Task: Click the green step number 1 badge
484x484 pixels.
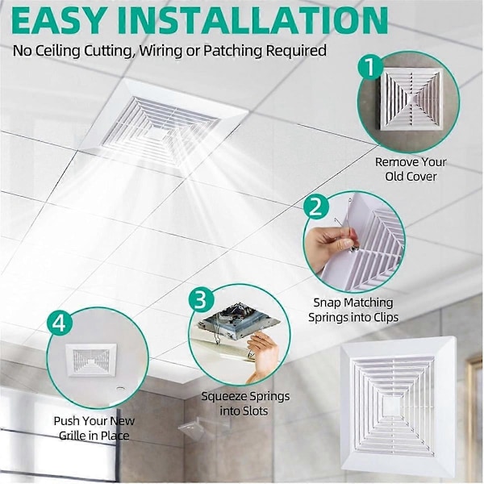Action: tap(369, 67)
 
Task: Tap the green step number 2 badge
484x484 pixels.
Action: tap(315, 207)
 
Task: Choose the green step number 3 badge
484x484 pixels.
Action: tap(201, 299)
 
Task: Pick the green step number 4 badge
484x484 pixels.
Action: tap(60, 323)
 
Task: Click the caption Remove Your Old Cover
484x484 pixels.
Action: tap(411, 169)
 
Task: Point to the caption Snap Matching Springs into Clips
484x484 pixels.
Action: tap(353, 310)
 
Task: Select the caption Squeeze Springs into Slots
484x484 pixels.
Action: tap(245, 403)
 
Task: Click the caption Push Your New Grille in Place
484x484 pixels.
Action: tap(94, 428)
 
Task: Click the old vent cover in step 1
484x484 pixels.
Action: tap(410, 98)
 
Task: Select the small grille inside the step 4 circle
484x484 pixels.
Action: tap(91, 360)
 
